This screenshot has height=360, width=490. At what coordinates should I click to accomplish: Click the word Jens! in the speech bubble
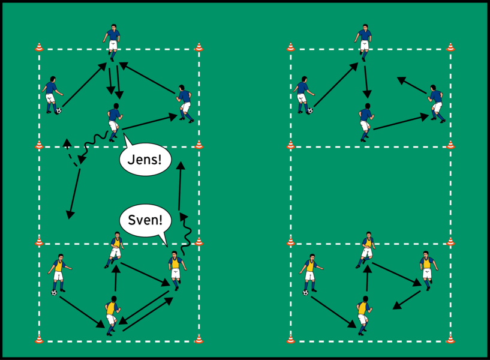pos(145,162)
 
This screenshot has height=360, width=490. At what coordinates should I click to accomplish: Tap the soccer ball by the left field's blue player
pos(58,111)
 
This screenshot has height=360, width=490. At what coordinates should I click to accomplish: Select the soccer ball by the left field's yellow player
pos(55,293)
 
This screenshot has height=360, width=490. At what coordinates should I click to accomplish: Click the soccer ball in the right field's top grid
pos(309,110)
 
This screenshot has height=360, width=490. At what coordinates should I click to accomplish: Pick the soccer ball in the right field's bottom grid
pos(306,293)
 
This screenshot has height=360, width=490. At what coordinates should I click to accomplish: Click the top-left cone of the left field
pos(39,47)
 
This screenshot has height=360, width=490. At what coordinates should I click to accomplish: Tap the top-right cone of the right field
pos(450,47)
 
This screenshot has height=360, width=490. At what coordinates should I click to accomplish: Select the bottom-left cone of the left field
pos(39,339)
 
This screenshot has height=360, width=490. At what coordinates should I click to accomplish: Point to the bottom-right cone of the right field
pos(450,339)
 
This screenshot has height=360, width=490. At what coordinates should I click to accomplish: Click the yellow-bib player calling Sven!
pos(175,270)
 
